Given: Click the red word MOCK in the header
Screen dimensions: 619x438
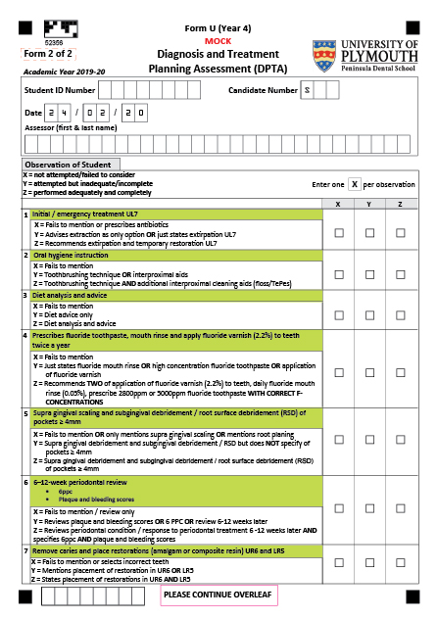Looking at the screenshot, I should [218, 42].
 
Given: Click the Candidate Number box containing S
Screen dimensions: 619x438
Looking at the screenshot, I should [307, 90].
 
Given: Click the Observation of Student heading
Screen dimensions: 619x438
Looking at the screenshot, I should [73, 165].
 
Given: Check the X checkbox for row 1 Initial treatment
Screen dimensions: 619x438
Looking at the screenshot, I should [339, 233].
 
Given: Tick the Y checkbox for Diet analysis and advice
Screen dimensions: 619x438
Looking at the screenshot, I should [369, 313].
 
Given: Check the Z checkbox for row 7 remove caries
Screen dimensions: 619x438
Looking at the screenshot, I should [401, 562].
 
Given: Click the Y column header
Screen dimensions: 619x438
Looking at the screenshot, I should [369, 203].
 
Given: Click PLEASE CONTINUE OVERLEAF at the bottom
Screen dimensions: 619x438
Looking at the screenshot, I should [218, 595].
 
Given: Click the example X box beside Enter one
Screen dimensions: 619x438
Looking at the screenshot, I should [354, 183].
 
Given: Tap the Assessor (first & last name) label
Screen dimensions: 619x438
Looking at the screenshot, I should [70, 127].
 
